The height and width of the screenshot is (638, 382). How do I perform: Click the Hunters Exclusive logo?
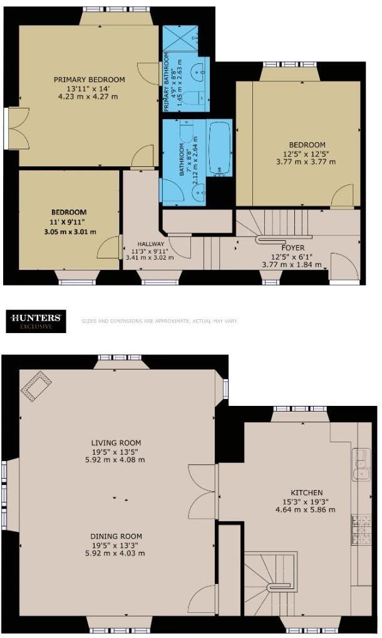36,321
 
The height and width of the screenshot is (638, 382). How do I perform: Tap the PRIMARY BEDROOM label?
89,80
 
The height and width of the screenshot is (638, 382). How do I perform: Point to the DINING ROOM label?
115,536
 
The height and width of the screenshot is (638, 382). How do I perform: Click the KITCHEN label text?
306,492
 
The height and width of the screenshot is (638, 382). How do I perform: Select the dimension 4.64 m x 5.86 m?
306,509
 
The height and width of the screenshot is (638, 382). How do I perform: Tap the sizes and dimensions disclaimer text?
159,321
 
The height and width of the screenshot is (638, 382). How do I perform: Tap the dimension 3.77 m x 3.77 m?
307,161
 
